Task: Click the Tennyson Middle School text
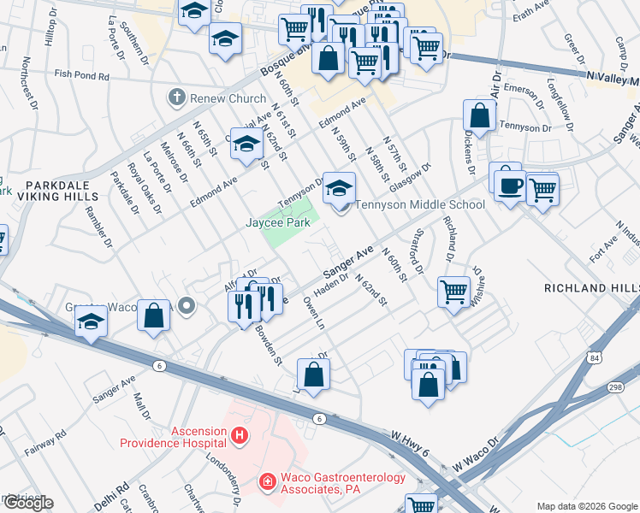[x=419, y=204]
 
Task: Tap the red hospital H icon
[x=240, y=436]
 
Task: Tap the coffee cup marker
[x=509, y=184]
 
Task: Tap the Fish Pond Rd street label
[x=82, y=76]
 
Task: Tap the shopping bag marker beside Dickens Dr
[x=480, y=116]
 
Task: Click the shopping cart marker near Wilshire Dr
[x=453, y=292]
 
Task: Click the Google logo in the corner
[x=27, y=503]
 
